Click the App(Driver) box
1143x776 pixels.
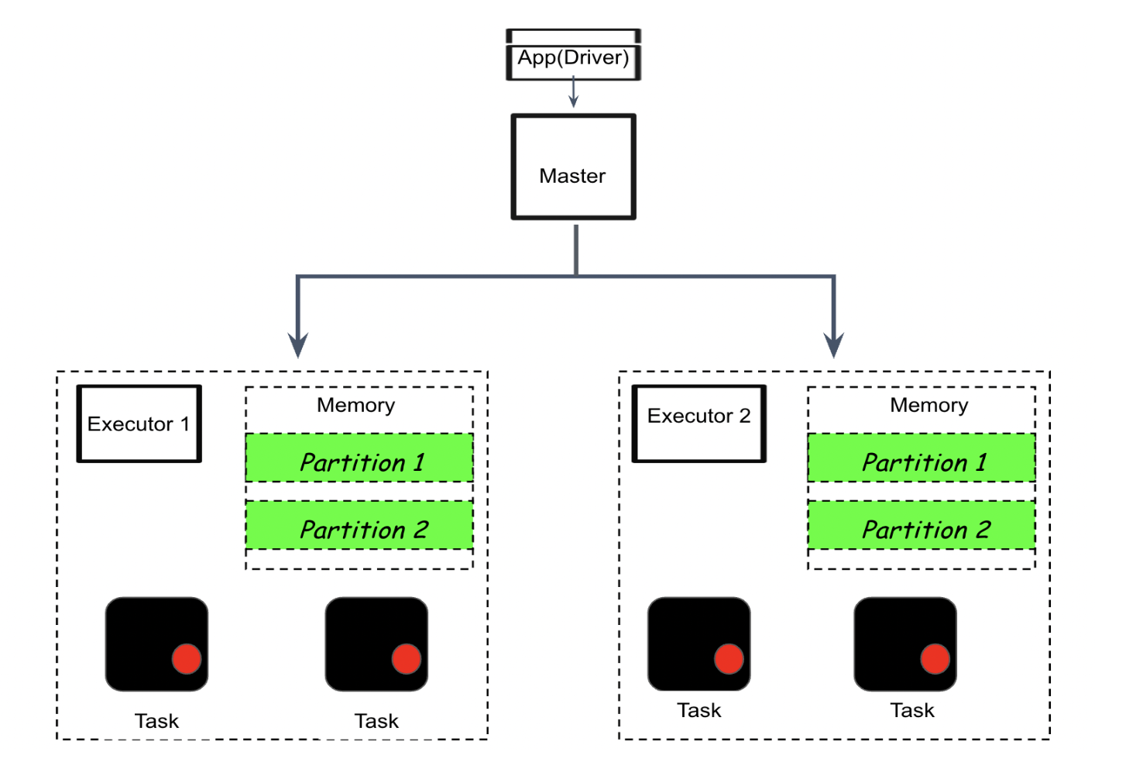(x=573, y=57)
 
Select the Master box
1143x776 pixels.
(x=573, y=167)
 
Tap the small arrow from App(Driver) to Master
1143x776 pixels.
(x=574, y=93)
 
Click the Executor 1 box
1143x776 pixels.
(x=139, y=424)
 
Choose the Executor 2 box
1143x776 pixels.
(x=698, y=424)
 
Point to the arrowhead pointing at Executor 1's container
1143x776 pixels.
(x=298, y=345)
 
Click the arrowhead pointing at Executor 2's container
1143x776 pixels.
(x=834, y=345)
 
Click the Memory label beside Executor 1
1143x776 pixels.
(x=356, y=405)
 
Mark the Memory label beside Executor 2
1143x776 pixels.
(x=928, y=405)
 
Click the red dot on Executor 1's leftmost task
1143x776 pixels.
(x=187, y=659)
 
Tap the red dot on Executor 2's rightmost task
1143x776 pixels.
(x=935, y=659)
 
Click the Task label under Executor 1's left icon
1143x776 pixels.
(x=156, y=721)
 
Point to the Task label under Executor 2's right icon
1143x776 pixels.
(x=912, y=710)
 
